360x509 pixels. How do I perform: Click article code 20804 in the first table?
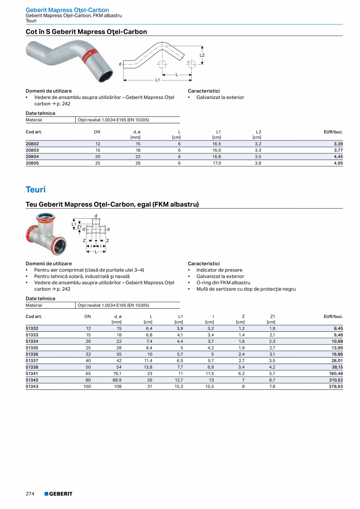32,156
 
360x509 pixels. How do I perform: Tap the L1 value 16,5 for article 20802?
217,144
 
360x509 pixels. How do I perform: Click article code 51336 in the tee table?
32,354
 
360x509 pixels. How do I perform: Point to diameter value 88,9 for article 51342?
117,380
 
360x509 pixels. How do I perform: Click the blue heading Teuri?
36,190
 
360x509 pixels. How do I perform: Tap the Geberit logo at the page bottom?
58,494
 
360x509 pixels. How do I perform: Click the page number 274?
30,494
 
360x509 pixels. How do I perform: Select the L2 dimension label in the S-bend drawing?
202,56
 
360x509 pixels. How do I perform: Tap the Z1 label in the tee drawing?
79,227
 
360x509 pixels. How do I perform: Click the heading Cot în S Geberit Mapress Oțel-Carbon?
86,32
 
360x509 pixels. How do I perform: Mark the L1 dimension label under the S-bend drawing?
157,80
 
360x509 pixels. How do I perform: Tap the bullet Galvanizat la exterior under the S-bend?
220,97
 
